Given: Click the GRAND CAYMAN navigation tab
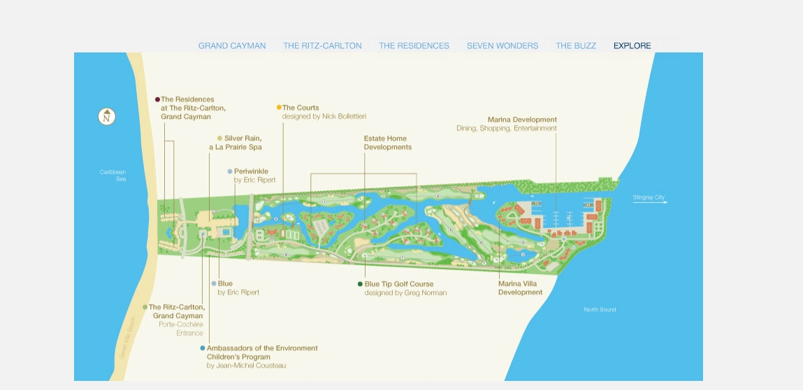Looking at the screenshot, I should coord(232,46).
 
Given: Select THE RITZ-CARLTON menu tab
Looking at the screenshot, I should coord(322,46).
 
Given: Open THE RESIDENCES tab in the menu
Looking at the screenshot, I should coord(414,46).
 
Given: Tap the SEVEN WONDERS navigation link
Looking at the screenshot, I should coord(502,46).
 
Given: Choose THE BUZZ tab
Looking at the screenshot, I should coord(576,46).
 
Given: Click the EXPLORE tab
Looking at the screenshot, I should coord(632,46).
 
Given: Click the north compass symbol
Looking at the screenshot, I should coord(107,117).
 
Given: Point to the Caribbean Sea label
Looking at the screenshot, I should coord(113,175).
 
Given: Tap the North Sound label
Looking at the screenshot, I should coord(600,310).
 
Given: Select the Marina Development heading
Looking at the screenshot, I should coord(522,120).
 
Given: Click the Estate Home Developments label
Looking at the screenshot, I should coord(387,143).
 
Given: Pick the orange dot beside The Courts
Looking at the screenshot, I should coord(279,108).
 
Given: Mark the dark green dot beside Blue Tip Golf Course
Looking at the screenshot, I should coord(360,284).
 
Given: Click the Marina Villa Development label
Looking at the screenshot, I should coord(520,288).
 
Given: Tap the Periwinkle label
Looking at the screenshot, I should coord(251,171).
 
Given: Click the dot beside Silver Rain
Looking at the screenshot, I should coord(219,138).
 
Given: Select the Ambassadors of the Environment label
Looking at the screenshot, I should coord(262,348).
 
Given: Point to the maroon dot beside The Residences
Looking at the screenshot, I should coord(157,99).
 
